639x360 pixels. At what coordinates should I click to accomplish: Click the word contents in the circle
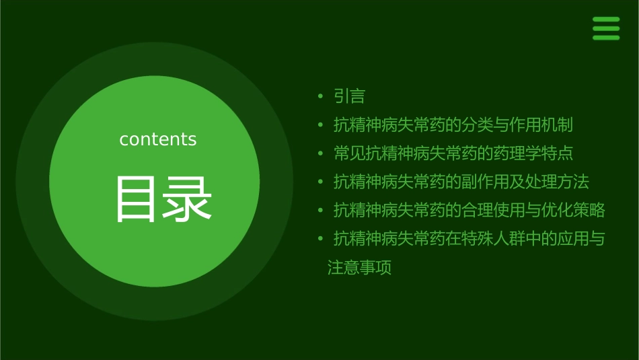(158, 139)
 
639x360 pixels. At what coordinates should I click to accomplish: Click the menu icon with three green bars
(605, 28)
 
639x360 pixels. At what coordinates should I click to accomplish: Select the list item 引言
(349, 96)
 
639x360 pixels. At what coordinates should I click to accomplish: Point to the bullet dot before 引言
(321, 96)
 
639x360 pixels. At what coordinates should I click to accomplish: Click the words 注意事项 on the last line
(359, 268)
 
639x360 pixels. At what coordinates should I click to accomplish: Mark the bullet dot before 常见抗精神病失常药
(321, 153)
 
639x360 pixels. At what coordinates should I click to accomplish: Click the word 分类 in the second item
(476, 125)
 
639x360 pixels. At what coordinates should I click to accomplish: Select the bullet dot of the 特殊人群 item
(321, 239)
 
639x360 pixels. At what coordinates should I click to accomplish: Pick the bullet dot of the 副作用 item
(321, 182)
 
